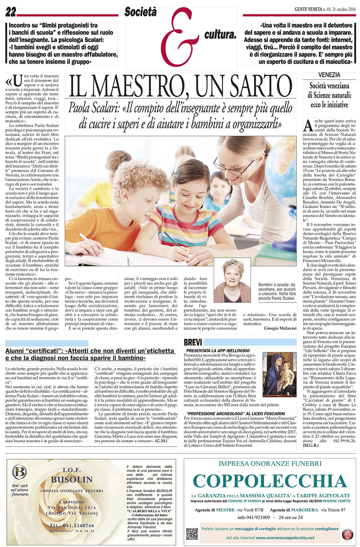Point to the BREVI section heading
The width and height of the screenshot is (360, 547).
[193, 342]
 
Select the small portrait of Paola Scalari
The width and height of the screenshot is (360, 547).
[232, 280]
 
